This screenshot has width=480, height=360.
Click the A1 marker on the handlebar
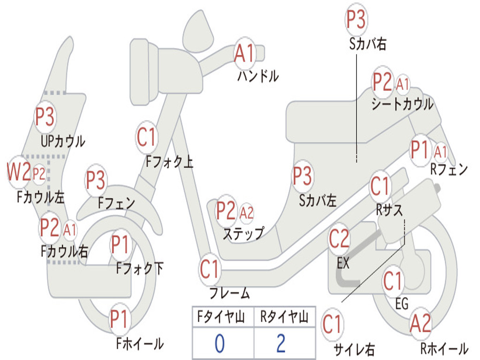click(x=245, y=53)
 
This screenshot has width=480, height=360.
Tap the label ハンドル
click(x=258, y=76)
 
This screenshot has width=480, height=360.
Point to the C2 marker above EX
click(x=339, y=239)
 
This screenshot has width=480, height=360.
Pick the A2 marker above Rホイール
click(x=420, y=323)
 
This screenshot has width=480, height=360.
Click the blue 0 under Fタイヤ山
click(x=219, y=344)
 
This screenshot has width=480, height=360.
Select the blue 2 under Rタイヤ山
click(x=281, y=344)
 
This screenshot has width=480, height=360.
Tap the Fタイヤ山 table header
click(x=221, y=317)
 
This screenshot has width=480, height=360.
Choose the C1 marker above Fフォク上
click(x=147, y=137)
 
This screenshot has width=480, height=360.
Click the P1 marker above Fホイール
click(x=119, y=319)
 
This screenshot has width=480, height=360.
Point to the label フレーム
click(x=229, y=293)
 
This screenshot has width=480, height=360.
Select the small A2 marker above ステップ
click(x=247, y=212)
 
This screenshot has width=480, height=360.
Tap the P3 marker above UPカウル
click(x=45, y=117)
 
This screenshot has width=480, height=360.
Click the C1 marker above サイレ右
click(x=332, y=324)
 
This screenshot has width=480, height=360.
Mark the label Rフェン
click(x=449, y=169)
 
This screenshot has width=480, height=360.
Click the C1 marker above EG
click(x=392, y=281)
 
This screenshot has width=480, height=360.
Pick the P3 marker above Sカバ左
click(x=302, y=176)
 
